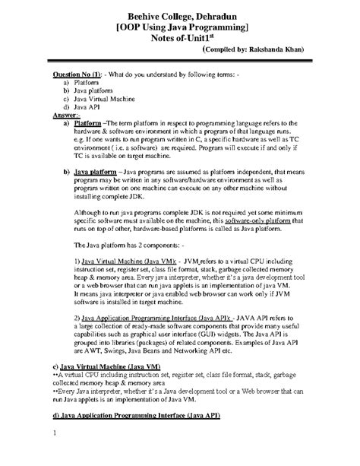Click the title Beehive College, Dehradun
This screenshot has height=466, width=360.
coord(180,14)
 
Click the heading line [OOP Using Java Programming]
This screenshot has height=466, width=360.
coord(180,27)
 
